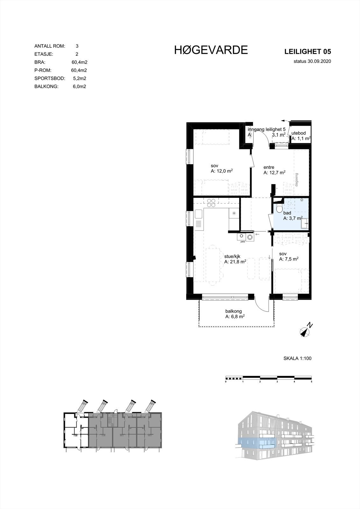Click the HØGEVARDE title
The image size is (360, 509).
point(211,50)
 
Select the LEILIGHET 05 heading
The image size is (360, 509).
point(308,52)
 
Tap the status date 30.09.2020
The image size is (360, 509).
point(312,61)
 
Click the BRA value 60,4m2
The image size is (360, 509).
point(79,62)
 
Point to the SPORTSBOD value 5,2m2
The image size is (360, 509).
point(79,78)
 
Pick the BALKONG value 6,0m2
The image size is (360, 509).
point(79,87)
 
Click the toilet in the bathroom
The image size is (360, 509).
point(279,209)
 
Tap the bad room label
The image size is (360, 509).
point(287,213)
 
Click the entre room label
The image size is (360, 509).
point(269,167)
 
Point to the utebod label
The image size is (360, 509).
point(299,133)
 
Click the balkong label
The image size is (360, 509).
point(234,311)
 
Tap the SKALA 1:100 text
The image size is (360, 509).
point(297,358)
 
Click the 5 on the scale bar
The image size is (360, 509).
point(311,381)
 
